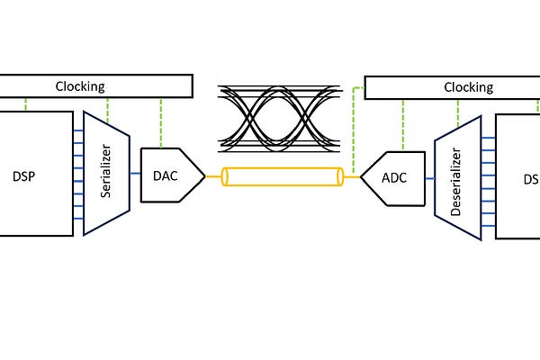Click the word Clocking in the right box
(468, 87)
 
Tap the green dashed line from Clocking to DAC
(161, 121)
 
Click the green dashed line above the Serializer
(108, 108)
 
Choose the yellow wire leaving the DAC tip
(213, 176)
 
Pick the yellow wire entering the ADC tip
(351, 177)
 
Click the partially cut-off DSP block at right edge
(519, 176)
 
